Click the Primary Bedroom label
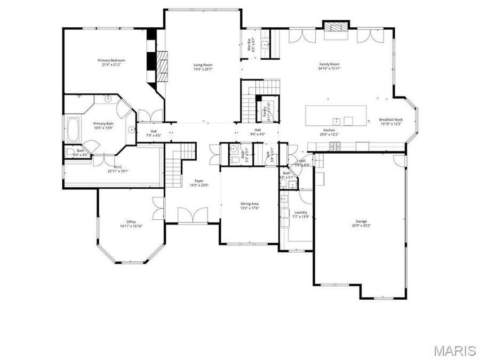pyautogui.click(x=111, y=60)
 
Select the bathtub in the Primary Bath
pyautogui.click(x=73, y=129)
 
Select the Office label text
pyautogui.click(x=131, y=222)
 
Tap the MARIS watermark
pyautogui.click(x=454, y=350)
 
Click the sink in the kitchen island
pyautogui.click(x=337, y=120)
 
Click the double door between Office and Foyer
pyautogui.click(x=158, y=208)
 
